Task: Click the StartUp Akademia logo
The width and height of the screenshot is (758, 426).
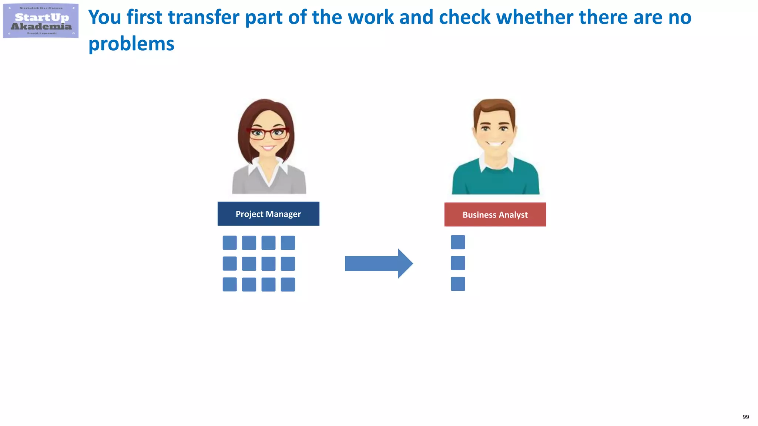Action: (x=41, y=21)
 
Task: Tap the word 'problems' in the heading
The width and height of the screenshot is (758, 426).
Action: (x=131, y=44)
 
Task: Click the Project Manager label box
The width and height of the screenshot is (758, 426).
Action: (x=268, y=214)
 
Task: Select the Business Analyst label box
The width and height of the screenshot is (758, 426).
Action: (x=495, y=214)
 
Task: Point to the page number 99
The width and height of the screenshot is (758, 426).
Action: (x=745, y=417)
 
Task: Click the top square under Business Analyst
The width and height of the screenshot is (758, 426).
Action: (x=458, y=242)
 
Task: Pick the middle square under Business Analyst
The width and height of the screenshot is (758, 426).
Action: (x=458, y=263)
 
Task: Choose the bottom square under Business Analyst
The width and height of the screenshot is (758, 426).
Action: (x=458, y=284)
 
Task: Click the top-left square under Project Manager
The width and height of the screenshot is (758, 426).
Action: (x=229, y=243)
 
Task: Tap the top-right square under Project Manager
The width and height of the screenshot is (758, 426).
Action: (x=288, y=243)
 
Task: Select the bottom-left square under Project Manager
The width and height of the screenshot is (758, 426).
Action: (x=229, y=284)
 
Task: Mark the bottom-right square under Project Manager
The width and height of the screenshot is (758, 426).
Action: (x=288, y=284)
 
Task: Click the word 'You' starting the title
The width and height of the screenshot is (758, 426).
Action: (x=105, y=17)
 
